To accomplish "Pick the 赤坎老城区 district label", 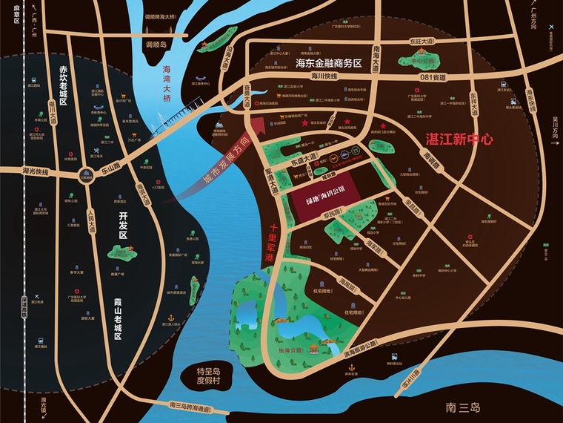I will [63, 86].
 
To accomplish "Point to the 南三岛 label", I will [464, 407].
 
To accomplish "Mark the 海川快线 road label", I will [324, 76].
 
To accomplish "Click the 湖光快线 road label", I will [34, 172].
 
